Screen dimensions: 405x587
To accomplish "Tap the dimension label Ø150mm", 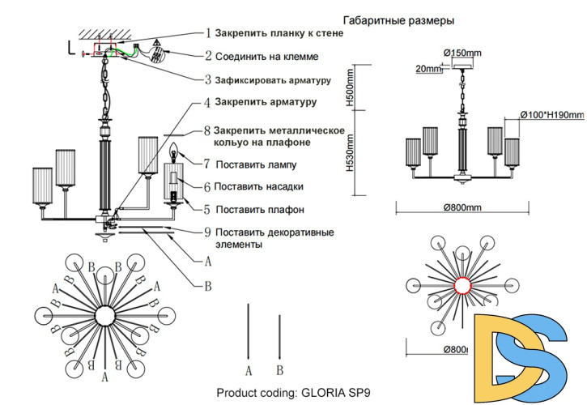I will pyautogui.click(x=462, y=53).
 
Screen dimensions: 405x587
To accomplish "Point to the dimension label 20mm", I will pyautogui.click(x=427, y=69).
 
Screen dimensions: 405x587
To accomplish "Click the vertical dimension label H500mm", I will pyautogui.click(x=350, y=89).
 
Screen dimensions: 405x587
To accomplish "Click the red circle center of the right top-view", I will pyautogui.click(x=462, y=285).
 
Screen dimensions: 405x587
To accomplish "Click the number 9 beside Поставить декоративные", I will pyautogui.click(x=207, y=232).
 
